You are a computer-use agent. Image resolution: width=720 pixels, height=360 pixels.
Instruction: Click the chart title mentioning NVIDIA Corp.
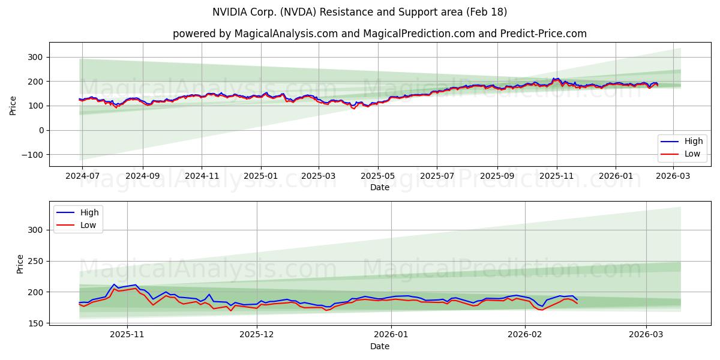click(x=359, y=12)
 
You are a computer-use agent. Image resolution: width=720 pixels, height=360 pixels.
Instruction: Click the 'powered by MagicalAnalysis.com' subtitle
click(x=379, y=34)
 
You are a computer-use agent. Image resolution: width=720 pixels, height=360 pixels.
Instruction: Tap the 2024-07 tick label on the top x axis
click(x=83, y=176)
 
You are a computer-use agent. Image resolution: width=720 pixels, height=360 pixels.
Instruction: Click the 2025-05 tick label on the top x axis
click(x=378, y=176)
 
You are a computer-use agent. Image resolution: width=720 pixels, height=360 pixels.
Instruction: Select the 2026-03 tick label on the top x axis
click(x=673, y=176)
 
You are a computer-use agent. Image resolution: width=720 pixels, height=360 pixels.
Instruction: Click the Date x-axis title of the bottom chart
click(x=379, y=346)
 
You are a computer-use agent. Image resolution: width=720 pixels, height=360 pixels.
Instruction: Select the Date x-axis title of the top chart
click(x=379, y=187)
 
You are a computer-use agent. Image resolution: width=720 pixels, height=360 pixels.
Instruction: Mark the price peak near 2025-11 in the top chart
click(x=557, y=79)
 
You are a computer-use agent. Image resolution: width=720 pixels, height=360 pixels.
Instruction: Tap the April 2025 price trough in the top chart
click(x=353, y=108)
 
